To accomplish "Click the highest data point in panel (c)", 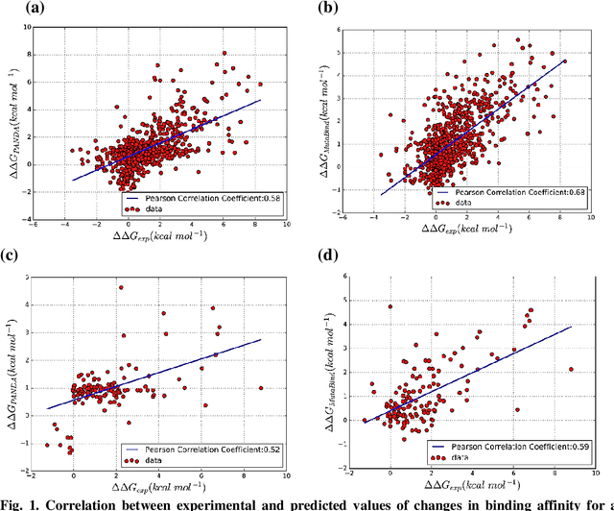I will pos(121,287).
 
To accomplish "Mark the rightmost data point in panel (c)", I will pos(261,388).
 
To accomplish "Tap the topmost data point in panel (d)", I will pos(390,306).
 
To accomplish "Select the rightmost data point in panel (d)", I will pos(572,369).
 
